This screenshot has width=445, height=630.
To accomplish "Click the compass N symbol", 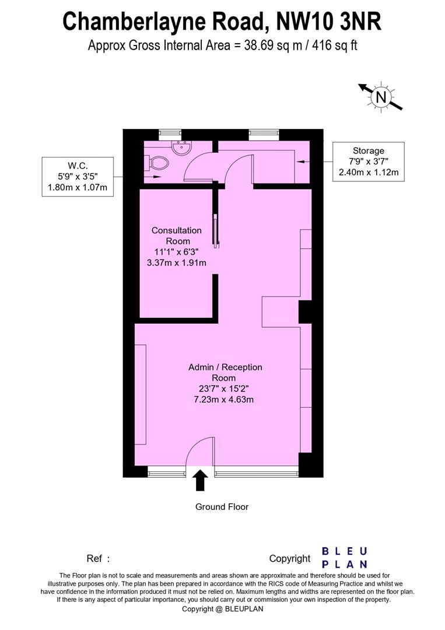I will point(381,97).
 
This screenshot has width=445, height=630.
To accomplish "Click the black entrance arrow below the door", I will point(200,481).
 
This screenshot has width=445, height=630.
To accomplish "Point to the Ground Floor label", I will point(222,507).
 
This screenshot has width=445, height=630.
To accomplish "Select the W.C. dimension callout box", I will point(78,177).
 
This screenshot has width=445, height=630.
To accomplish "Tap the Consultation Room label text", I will point(177,236).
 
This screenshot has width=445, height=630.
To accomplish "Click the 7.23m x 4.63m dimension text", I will point(225,400).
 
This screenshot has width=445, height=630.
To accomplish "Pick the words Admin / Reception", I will point(225,367).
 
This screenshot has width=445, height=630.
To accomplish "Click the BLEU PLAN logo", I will point(345,557).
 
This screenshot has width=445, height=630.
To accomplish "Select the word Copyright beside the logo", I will point(289,559).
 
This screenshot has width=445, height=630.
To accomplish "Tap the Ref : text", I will point(98,559).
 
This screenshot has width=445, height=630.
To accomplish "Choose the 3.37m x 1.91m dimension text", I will point(177,262).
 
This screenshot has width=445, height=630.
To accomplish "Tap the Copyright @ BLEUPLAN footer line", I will point(223,609).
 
